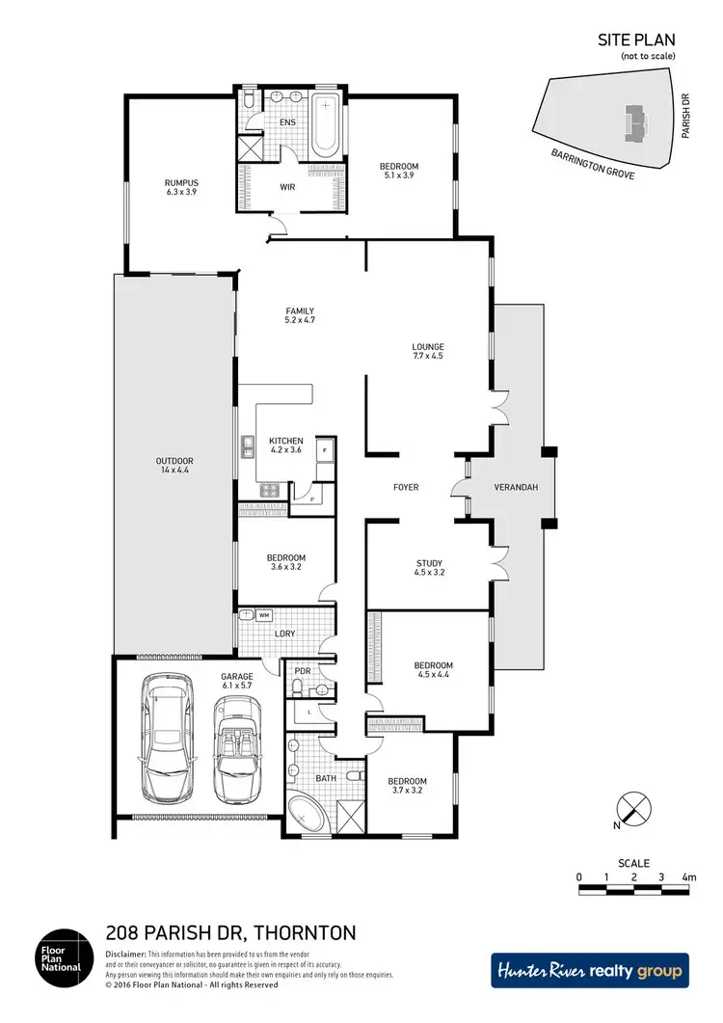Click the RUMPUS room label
pos(180,187)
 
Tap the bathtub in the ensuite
pos(325,124)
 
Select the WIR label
pos(287,187)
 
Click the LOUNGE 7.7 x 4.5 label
pos(427,351)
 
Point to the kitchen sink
pos(248,445)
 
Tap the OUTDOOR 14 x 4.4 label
pos(174,466)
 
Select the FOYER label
pos(406,487)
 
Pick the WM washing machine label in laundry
pos(263,615)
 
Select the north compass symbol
pos(631,808)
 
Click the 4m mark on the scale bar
pos(688,877)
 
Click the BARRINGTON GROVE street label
pos(593,167)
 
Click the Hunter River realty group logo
pos(589,971)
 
